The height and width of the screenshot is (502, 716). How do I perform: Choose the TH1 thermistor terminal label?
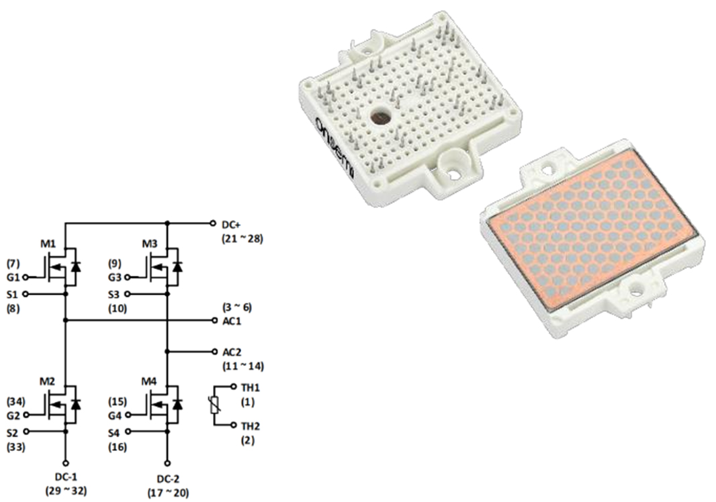(250, 387)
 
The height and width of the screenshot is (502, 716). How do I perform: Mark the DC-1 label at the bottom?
(66, 478)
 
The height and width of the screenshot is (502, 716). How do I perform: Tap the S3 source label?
(116, 294)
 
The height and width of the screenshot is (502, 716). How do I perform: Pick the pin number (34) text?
(15, 401)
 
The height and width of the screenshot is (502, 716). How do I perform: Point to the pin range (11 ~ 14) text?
(242, 366)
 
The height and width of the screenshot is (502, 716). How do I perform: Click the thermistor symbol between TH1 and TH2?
(214, 405)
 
